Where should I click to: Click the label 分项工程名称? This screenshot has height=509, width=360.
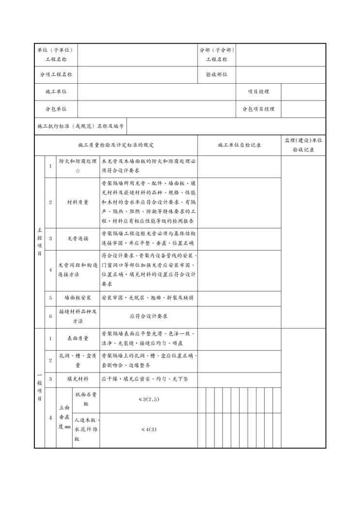[56, 75]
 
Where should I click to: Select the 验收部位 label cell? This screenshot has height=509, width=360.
[216, 75]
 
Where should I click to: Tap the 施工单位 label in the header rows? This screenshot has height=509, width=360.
[56, 92]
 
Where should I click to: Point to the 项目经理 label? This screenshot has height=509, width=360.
[258, 92]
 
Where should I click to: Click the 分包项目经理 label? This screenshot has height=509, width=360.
[258, 109]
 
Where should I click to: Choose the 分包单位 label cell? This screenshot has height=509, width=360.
[56, 109]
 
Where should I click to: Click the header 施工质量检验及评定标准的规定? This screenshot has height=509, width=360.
[116, 145]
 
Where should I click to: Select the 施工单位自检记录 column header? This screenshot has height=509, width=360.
[240, 145]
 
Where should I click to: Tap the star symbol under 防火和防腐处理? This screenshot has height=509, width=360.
[77, 171]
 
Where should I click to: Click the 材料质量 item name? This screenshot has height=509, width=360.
[77, 202]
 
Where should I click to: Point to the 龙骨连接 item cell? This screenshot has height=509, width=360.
[77, 239]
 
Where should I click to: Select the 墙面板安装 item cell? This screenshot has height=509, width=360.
[77, 298]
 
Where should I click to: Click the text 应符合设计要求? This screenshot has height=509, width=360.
[149, 316]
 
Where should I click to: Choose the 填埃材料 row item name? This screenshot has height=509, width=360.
[77, 379]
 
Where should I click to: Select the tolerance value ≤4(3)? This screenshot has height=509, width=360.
[149, 429]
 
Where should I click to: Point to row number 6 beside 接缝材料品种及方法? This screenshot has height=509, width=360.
[50, 316]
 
